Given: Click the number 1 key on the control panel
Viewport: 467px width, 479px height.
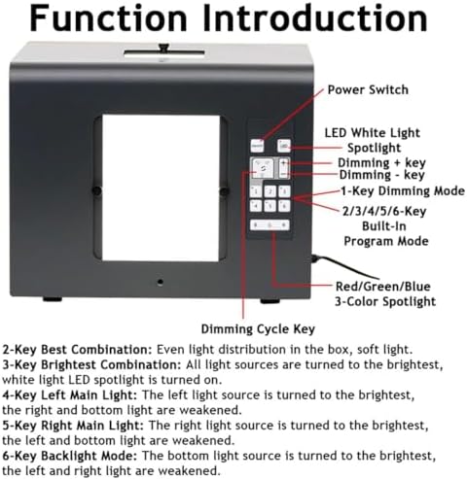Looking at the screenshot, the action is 256,191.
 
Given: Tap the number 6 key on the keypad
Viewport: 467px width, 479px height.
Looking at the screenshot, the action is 284,206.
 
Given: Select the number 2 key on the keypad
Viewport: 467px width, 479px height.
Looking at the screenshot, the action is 270,191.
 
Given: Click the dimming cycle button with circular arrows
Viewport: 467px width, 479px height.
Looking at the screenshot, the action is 262,168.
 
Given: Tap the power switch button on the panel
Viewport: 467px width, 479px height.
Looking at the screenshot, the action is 257,147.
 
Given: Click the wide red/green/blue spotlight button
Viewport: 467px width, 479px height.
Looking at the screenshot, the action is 269,224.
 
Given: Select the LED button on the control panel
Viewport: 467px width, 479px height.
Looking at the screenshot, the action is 284,146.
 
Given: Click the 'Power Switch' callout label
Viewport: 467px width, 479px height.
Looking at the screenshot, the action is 368,89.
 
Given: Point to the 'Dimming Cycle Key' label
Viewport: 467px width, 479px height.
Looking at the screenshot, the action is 258,329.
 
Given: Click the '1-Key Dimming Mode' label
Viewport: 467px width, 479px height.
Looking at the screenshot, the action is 403,190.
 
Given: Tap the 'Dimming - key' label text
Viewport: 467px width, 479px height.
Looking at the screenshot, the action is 381,175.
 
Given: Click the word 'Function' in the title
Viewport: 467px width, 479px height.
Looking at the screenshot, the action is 108,18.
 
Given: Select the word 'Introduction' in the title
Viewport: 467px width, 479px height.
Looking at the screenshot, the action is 315,18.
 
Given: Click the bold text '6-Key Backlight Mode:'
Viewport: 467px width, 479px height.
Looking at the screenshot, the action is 70,456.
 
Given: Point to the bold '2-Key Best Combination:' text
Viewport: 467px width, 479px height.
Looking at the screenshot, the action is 77,350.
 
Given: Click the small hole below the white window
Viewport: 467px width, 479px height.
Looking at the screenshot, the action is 160,282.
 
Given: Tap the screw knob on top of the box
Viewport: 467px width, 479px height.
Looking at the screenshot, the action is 164,48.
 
